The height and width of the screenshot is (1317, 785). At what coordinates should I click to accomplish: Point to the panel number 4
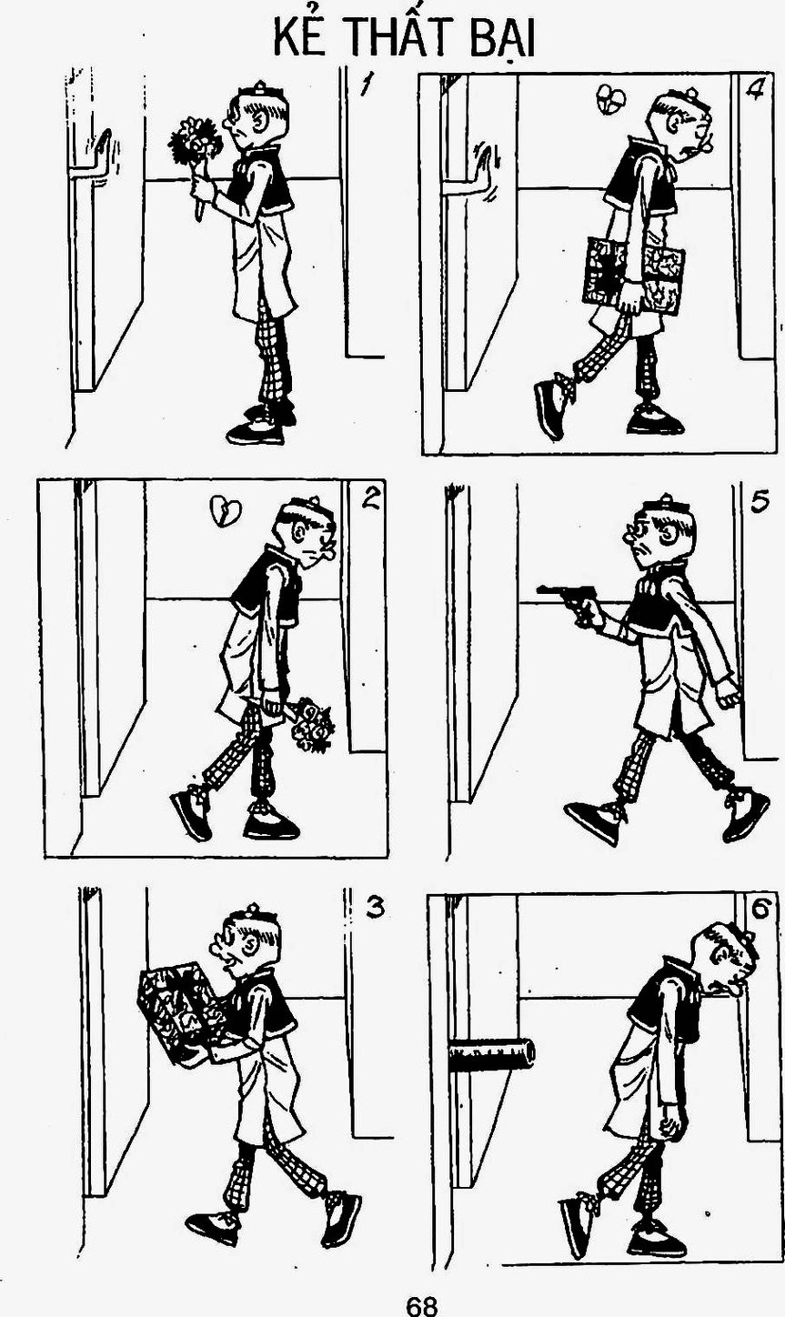point(754,89)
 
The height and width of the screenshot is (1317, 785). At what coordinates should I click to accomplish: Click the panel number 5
point(759,501)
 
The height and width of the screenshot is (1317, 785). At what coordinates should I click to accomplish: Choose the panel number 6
point(760,909)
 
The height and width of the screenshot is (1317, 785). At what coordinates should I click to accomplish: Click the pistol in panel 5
point(564,601)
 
